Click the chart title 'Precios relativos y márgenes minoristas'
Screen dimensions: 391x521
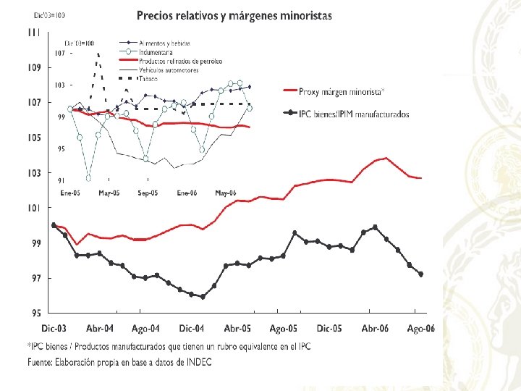234,16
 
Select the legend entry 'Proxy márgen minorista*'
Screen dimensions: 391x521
342,91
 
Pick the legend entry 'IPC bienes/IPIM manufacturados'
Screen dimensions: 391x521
355,114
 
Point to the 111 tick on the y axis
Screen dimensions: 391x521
34,32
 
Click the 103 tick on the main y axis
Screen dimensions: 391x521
34,173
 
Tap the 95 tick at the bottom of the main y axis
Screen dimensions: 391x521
34,314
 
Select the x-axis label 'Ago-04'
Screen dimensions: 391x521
146,329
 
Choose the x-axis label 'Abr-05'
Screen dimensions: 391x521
237,329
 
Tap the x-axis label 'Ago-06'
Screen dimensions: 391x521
421,329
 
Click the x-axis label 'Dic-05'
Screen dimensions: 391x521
329,329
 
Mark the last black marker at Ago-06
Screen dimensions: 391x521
421,274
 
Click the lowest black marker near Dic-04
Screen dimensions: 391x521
203,296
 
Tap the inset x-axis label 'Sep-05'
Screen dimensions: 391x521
148,193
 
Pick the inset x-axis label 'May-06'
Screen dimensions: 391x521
226,193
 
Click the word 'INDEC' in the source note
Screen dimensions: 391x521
199,362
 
